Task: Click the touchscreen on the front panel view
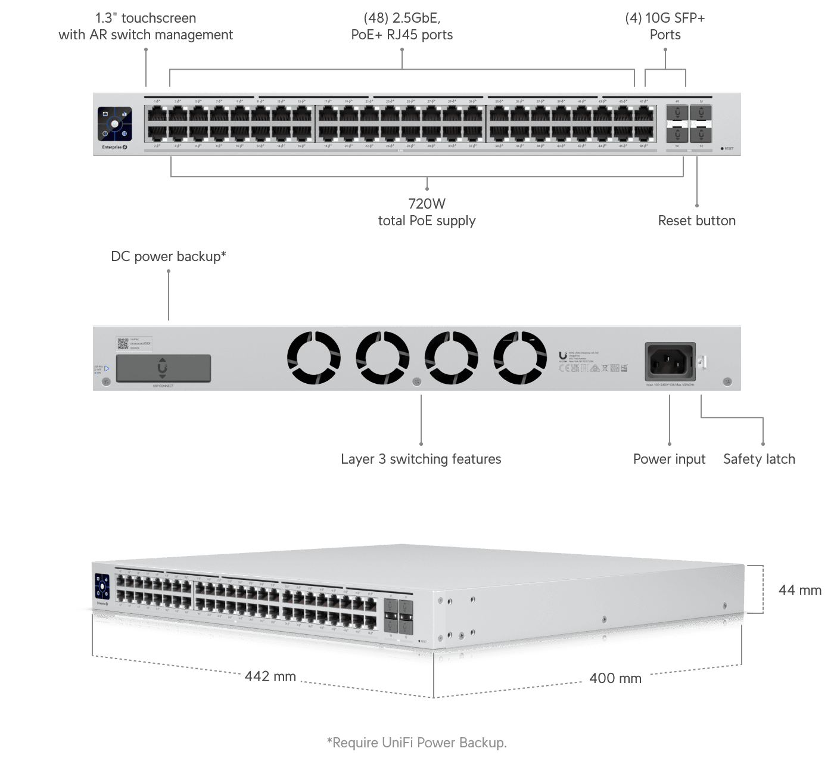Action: tap(114, 125)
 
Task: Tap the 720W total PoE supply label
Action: tap(427, 212)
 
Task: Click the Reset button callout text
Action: tap(696, 221)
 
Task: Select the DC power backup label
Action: tap(169, 256)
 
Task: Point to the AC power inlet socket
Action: tap(670, 361)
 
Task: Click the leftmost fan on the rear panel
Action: tap(313, 358)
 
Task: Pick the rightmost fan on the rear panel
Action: tap(520, 358)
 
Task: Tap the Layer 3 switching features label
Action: tap(421, 459)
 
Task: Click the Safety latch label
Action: tap(759, 459)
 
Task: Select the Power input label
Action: tap(669, 459)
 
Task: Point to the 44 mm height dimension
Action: tap(799, 590)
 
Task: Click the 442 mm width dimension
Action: tap(270, 676)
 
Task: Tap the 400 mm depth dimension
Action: tap(615, 678)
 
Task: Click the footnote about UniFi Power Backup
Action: tap(417, 743)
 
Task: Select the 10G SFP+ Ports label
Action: tap(665, 26)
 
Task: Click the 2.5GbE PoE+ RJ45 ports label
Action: tap(402, 26)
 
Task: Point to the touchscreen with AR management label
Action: tap(146, 26)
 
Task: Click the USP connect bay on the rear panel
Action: tap(163, 368)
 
